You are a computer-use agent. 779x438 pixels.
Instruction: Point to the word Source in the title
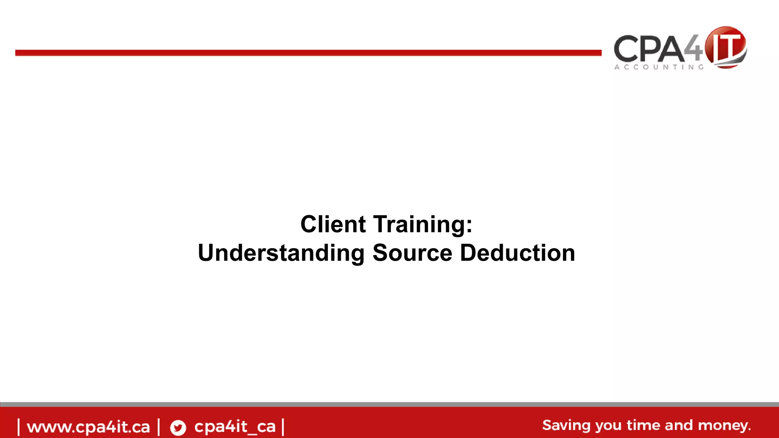point(412,253)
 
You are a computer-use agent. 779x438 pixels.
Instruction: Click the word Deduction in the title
point(517,253)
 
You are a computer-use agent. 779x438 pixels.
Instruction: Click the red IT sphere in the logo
point(725,47)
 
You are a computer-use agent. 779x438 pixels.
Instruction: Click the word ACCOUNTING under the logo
point(659,67)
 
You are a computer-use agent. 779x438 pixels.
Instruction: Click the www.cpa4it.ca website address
point(88,427)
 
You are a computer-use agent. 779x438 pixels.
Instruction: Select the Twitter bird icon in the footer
point(178,427)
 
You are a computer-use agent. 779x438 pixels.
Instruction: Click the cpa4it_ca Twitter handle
point(235,427)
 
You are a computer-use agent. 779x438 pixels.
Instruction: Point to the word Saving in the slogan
point(566,425)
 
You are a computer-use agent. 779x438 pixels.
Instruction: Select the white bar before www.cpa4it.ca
point(19,427)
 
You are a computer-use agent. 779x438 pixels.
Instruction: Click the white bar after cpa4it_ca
point(283,427)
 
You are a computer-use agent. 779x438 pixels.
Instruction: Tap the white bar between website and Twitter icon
point(159,427)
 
